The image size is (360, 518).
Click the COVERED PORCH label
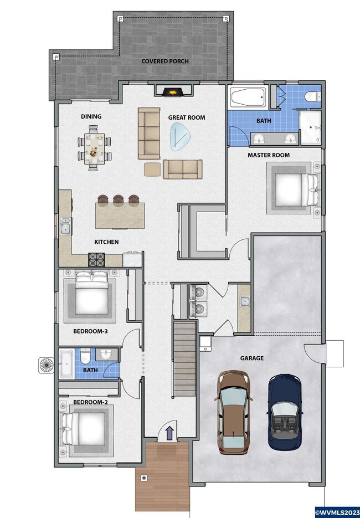pyautogui.click(x=165, y=61)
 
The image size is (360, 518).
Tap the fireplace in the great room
pyautogui.click(x=173, y=91)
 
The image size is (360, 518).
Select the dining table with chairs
pyautogui.click(x=94, y=148)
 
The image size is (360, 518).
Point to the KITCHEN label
pyautogui.click(x=106, y=242)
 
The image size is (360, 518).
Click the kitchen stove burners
pyautogui.click(x=96, y=260)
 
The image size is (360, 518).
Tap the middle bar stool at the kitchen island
pyautogui.click(x=118, y=200)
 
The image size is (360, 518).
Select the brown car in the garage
pyautogui.click(x=233, y=412)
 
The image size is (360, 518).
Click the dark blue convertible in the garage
pyautogui.click(x=284, y=412)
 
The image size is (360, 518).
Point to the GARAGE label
pyautogui.click(x=251, y=358)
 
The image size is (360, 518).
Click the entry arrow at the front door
pyautogui.click(x=169, y=433)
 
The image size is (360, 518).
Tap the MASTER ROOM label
pyautogui.click(x=269, y=155)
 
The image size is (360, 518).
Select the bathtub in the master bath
pyautogui.click(x=248, y=97)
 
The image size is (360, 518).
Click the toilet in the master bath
pyautogui.click(x=312, y=96)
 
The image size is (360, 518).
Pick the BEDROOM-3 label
pyautogui.click(x=90, y=331)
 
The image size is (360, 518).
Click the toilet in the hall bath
pyautogui.click(x=85, y=355)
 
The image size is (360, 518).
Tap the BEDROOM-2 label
pyautogui.click(x=90, y=402)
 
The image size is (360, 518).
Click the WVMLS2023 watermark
pyautogui.click(x=337, y=512)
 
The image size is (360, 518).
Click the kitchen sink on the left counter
pyautogui.click(x=65, y=226)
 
